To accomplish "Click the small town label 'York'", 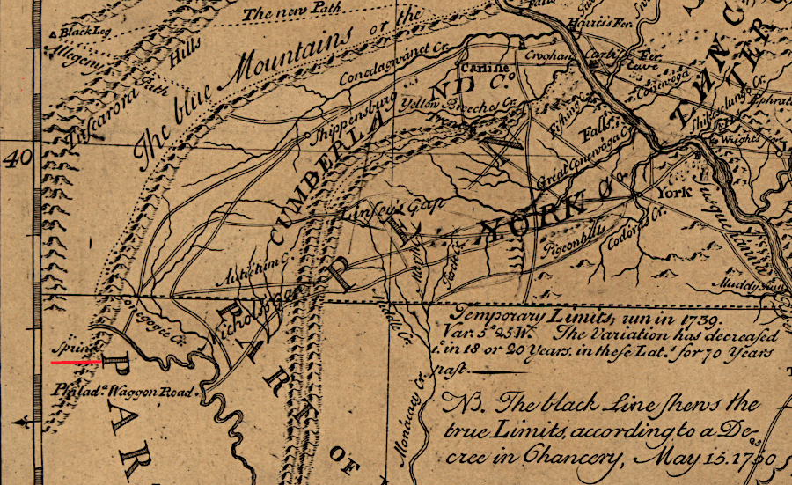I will (x=674, y=190).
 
